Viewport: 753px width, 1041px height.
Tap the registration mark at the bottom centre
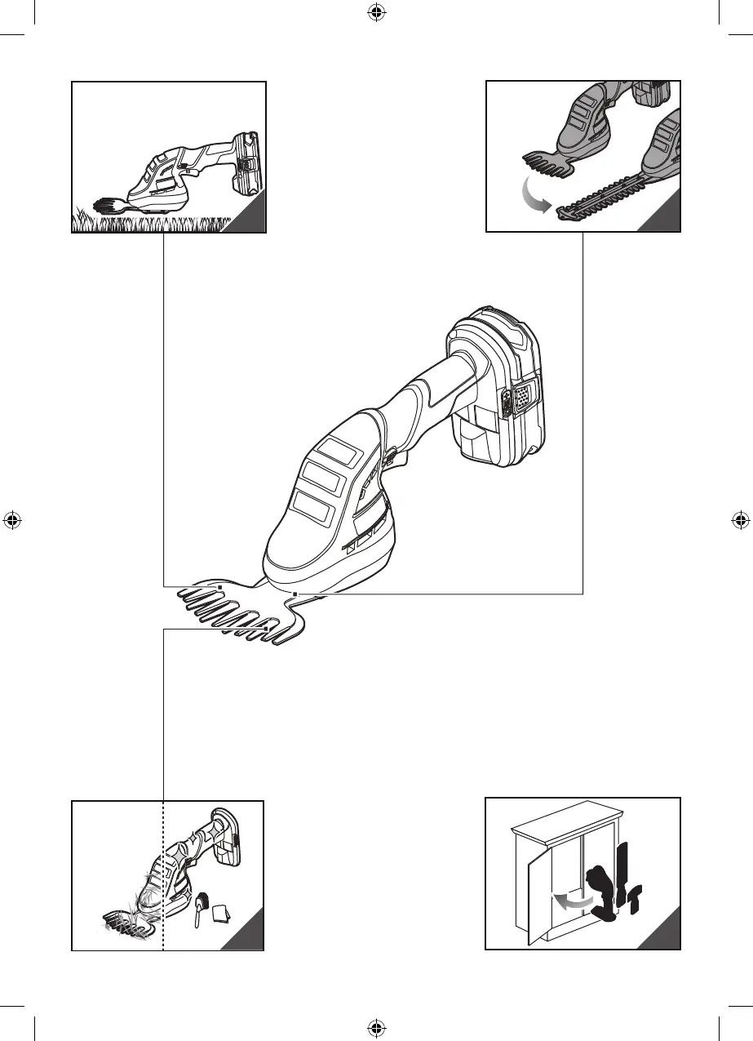pyautogui.click(x=376, y=1027)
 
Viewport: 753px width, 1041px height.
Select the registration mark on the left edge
pyautogui.click(x=11, y=519)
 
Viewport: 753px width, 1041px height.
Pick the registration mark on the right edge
pyautogui.click(x=741, y=519)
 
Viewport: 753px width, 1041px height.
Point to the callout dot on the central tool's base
pyautogui.click(x=295, y=594)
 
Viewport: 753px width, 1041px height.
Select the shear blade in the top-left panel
pyautogui.click(x=113, y=205)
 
